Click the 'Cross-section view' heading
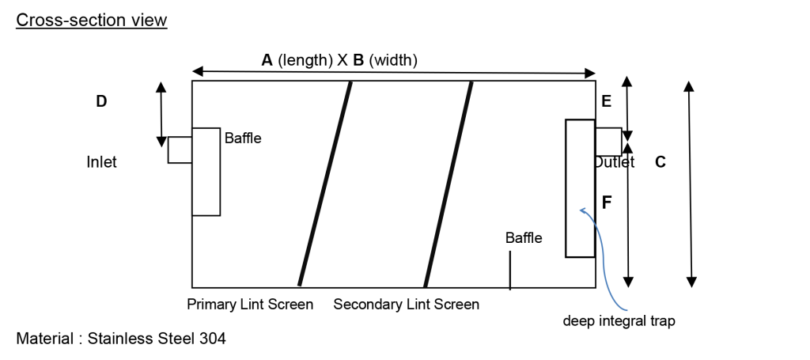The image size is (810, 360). click(x=92, y=21)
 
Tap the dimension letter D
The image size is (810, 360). click(x=101, y=101)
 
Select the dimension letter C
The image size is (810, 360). click(x=660, y=163)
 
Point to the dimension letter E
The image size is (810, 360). click(x=607, y=101)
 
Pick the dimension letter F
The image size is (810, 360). click(x=607, y=203)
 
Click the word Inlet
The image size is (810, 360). click(x=101, y=162)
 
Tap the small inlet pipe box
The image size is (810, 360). click(x=180, y=150)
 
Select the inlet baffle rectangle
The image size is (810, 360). click(x=206, y=171)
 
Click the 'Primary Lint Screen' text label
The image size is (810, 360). click(x=250, y=305)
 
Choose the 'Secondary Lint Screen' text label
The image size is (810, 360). click(x=406, y=305)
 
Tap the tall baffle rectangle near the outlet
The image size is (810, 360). click(x=580, y=188)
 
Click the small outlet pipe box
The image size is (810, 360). click(x=608, y=142)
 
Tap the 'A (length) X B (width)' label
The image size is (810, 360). click(x=339, y=59)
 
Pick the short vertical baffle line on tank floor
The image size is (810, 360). click(x=510, y=270)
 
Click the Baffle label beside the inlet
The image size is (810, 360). click(x=243, y=138)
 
